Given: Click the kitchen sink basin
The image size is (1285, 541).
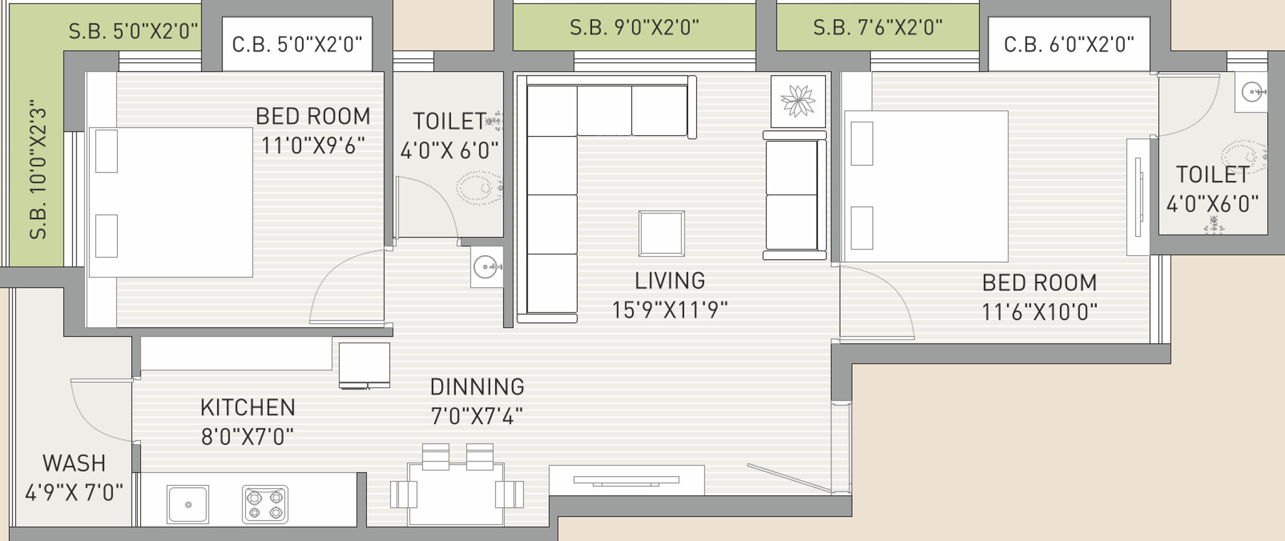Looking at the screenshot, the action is pyautogui.click(x=188, y=504).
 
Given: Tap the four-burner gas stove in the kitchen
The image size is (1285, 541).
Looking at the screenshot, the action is pyautogui.click(x=265, y=504).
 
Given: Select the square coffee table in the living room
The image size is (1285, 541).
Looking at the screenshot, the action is pyautogui.click(x=662, y=233).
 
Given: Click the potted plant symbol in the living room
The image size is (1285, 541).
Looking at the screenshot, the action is pyautogui.click(x=798, y=101).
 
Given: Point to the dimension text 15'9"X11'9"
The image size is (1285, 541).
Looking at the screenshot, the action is pyautogui.click(x=670, y=310).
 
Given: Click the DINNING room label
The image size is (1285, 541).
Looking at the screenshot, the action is pyautogui.click(x=477, y=387).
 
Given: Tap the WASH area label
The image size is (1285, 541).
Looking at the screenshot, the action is pyautogui.click(x=74, y=463).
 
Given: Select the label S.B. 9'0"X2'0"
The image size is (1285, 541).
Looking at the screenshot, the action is pyautogui.click(x=635, y=27).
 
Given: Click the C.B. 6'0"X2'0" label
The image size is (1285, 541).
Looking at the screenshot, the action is pyautogui.click(x=1069, y=44).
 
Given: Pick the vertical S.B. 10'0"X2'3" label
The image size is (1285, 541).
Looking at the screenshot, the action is pyautogui.click(x=38, y=170).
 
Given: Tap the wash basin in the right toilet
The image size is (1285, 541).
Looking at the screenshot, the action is pyautogui.click(x=1252, y=92).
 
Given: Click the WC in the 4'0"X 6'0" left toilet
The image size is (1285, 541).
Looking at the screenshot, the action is pyautogui.click(x=479, y=188).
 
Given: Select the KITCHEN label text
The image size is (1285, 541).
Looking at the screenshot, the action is pyautogui.click(x=248, y=408).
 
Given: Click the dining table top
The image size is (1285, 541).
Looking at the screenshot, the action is pyautogui.click(x=456, y=494).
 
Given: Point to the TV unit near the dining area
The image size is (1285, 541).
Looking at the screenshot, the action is pyautogui.click(x=627, y=480).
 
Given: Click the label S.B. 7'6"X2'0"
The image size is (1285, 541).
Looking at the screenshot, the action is pyautogui.click(x=878, y=27).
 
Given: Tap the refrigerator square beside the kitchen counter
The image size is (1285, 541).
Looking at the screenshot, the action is pyautogui.click(x=365, y=365).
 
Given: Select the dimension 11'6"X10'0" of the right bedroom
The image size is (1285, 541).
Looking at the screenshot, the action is pyautogui.click(x=1040, y=313).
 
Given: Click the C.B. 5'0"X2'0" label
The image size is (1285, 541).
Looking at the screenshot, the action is pyautogui.click(x=297, y=44).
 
